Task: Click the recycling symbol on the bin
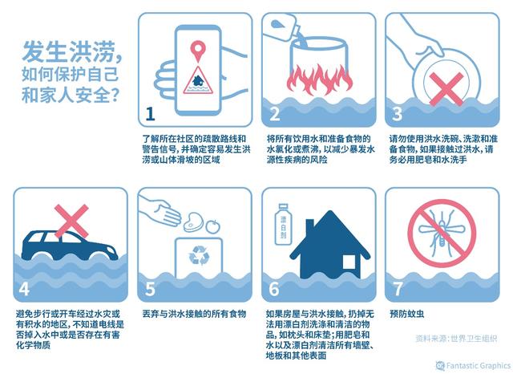[x=196, y=257]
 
